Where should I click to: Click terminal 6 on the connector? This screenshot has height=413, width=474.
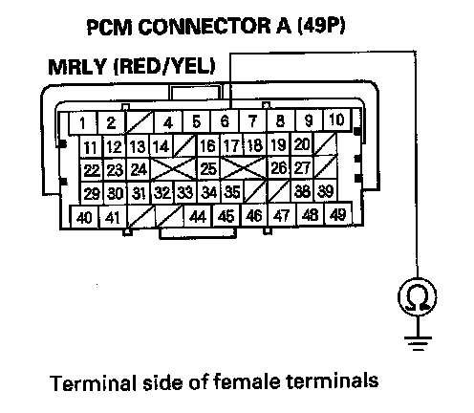coord(225,121)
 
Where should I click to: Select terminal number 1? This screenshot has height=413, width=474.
coord(83,122)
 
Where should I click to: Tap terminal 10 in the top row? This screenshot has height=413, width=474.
coord(336,120)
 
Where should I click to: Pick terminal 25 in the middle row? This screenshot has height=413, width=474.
coord(208,168)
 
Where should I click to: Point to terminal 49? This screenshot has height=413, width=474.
coord(338,214)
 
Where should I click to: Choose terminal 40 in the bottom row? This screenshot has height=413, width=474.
coord(84,217)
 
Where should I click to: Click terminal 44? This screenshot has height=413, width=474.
coord(198,216)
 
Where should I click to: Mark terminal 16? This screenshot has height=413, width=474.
coord(208,145)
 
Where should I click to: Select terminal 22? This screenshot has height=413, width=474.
coord(92,170)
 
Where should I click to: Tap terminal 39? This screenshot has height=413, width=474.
coord(326,190)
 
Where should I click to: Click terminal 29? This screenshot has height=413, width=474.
coord(92,193)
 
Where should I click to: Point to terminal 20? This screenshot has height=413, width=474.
coord(302,144)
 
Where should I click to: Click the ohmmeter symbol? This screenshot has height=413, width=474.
coord(418,296)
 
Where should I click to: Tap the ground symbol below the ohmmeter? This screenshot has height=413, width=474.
coord(418,343)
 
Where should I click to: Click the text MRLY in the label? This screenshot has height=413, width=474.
coord(76,67)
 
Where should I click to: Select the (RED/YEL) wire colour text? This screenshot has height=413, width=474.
coord(164,66)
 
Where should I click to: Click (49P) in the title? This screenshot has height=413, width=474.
coord(321,26)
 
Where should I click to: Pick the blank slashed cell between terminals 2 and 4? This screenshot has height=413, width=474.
coord(140,122)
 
